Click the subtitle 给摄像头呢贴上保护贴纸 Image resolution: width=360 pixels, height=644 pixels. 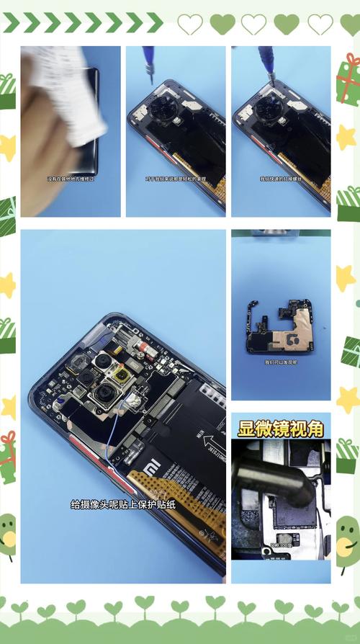(x=123, y=504)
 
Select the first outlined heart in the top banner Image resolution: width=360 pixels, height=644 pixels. (x=190, y=24)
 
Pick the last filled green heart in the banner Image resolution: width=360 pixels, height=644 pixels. (x=287, y=24)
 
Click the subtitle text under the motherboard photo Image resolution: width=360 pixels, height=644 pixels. (x=280, y=362)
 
